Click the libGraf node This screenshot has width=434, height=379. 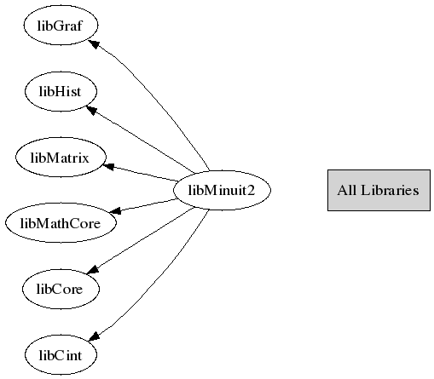61,26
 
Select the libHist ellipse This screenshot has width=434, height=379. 61,91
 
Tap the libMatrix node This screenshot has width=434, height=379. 61,158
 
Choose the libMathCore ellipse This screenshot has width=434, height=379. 61,223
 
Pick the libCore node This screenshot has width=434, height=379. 61,289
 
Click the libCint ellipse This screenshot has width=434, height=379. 61,355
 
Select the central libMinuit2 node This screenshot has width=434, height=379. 222,190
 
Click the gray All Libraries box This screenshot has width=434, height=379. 379,190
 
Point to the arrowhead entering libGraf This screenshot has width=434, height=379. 94,44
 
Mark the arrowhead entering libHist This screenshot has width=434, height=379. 92,110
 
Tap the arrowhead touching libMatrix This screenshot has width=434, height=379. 108,167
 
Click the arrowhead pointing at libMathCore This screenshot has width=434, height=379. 115,210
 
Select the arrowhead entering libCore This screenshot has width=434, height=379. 93,270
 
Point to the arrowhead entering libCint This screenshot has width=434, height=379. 95,336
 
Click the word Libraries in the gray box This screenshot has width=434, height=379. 390,190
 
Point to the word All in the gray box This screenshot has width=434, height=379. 346,190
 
